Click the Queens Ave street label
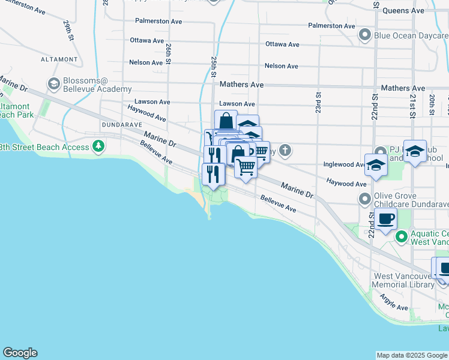[x=403, y=11]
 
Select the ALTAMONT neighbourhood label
[x=59, y=59]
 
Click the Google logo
[x=20, y=353]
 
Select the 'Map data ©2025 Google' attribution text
[x=412, y=355]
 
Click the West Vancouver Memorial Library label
[x=403, y=281]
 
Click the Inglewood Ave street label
[x=343, y=164]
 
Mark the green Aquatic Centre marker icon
[x=400, y=238]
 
